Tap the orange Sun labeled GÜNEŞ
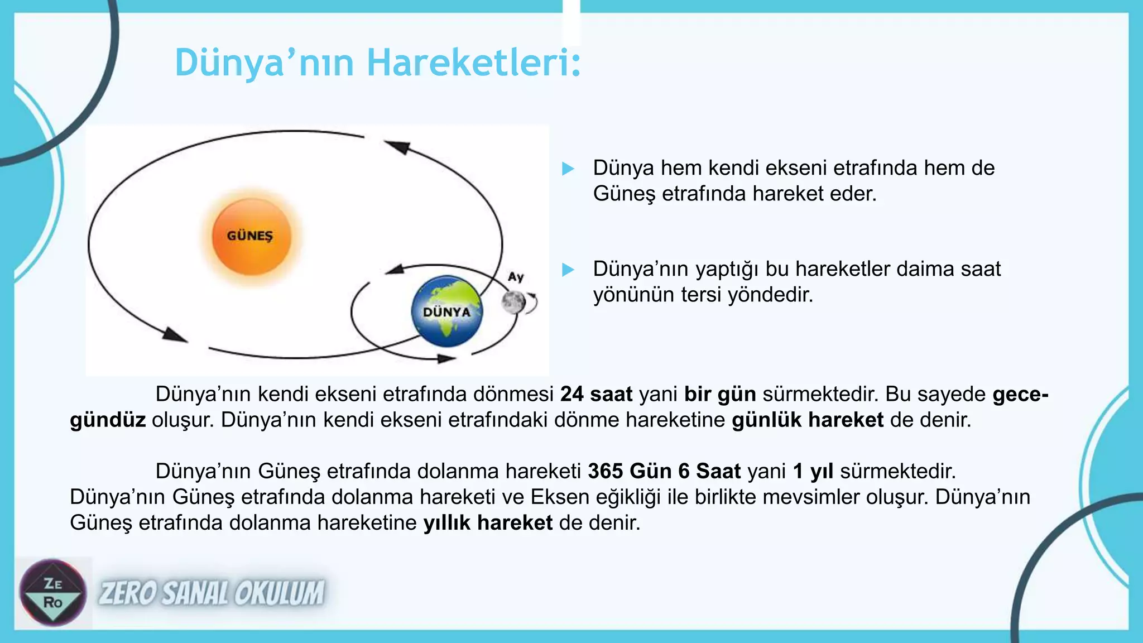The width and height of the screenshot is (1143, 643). (251, 237)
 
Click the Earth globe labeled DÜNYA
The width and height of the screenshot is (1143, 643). (446, 311)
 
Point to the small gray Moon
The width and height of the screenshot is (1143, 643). (513, 302)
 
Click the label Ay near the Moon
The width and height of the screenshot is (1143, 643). (516, 277)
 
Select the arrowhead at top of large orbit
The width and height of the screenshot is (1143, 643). (397, 147)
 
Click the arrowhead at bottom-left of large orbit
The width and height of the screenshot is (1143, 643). (175, 335)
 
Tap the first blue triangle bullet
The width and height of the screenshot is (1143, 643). (568, 169)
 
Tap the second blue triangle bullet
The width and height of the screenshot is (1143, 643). (568, 270)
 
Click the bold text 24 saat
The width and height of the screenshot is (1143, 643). (596, 395)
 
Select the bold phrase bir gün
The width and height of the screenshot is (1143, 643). (720, 395)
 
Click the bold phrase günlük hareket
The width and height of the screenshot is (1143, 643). (808, 420)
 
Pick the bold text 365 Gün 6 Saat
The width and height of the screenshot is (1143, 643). (664, 472)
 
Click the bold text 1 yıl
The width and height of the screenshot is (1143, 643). (813, 472)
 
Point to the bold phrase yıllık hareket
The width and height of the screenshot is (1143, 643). (488, 523)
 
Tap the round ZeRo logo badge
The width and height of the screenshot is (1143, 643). (53, 593)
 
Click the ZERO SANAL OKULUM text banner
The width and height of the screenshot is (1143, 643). (212, 593)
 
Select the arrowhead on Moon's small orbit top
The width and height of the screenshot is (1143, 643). (395, 270)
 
